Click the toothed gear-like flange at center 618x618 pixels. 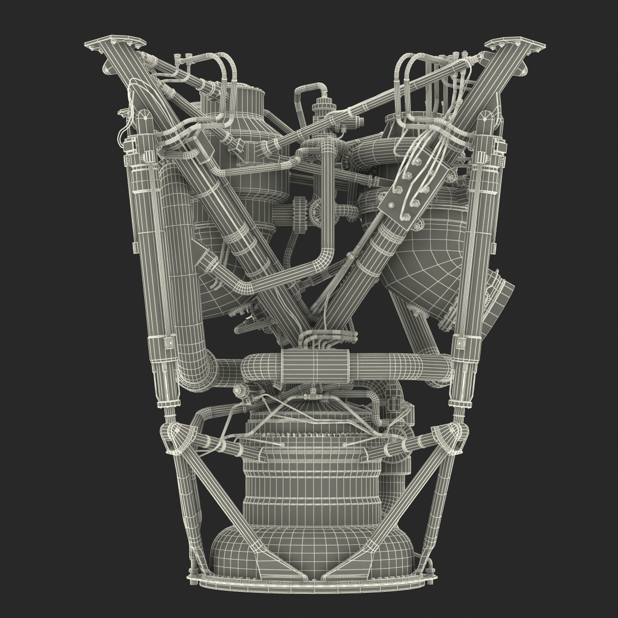pos(298,211)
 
